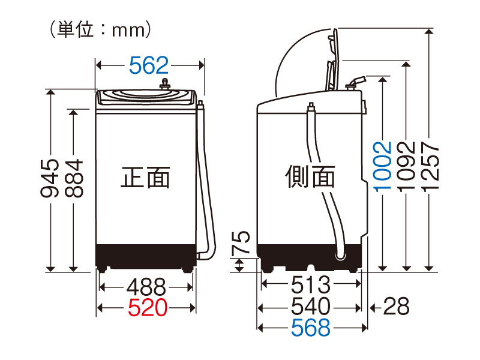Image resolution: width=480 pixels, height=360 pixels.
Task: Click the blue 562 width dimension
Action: point(149,65)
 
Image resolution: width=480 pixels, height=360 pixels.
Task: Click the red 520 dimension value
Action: point(147,308)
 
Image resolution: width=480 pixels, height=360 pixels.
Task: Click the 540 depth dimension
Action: point(311,307)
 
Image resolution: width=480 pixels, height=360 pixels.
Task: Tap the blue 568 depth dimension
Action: point(311,328)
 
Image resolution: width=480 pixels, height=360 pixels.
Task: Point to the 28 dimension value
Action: point(396,307)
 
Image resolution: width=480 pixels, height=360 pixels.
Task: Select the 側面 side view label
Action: point(310,177)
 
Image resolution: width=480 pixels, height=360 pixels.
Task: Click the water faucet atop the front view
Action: point(164,85)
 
